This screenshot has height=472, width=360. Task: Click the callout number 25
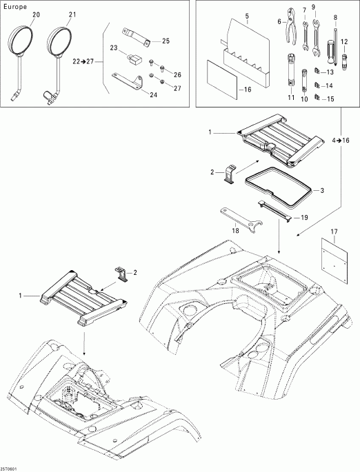[x=165, y=41]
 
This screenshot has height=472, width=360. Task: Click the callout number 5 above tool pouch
[x=227, y=14]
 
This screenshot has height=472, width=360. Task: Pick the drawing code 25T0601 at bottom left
[x=10, y=466]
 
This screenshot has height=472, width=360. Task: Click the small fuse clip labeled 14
[x=317, y=86]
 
